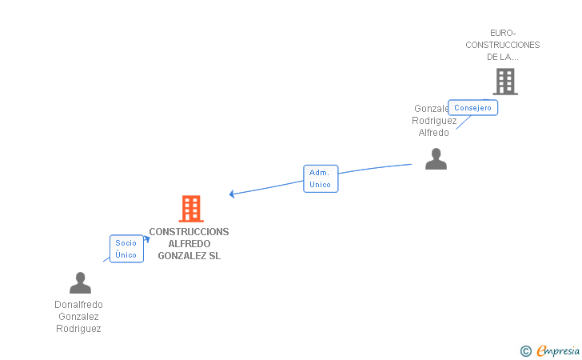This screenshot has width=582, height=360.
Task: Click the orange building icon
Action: [191, 209]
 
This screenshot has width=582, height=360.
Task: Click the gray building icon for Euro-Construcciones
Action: [504, 81]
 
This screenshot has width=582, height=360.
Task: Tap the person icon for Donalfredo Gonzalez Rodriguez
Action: [80, 283]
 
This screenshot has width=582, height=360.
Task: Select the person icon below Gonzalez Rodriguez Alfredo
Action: [436, 158]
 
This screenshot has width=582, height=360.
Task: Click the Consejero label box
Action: [472, 108]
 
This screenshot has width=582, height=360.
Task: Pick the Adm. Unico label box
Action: [321, 178]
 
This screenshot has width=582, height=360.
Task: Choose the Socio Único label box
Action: [126, 249]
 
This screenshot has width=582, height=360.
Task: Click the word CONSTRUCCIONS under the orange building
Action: [189, 232]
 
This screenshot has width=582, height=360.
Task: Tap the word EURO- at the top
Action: [503, 33]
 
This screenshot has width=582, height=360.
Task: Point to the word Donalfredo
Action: [78, 305]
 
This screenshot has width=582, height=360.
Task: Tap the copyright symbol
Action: [525, 350]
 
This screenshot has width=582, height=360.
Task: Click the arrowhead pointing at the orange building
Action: [232, 194]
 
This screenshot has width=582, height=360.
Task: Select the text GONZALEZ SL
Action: [189, 256]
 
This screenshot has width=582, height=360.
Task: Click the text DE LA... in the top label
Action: [503, 57]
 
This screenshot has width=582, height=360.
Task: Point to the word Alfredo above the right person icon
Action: [434, 133]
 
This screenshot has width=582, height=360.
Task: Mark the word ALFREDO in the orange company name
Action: [189, 244]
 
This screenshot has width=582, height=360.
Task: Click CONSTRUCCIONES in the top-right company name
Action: [503, 45]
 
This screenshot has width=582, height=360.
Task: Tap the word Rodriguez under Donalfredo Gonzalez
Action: [78, 329]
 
